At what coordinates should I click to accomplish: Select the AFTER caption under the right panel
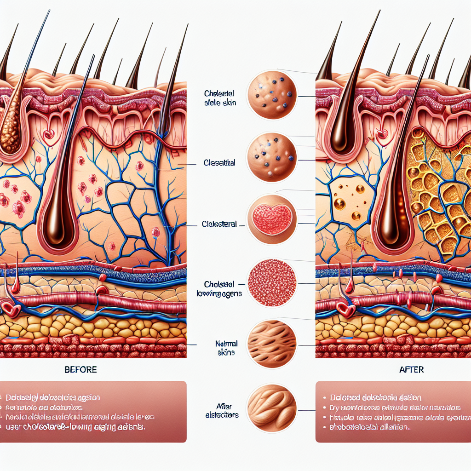[x=412, y=370]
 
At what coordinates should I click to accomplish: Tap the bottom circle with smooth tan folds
[x=272, y=408]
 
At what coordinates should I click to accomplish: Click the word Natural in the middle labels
[x=226, y=343]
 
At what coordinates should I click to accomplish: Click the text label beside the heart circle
[x=219, y=224]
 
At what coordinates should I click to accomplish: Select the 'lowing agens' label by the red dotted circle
[x=223, y=293]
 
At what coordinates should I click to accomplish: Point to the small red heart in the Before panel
[x=48, y=134]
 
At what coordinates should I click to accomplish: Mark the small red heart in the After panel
[x=381, y=135]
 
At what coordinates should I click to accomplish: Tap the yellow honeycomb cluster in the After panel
[x=437, y=193]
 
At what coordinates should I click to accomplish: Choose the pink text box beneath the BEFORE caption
[x=93, y=411]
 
